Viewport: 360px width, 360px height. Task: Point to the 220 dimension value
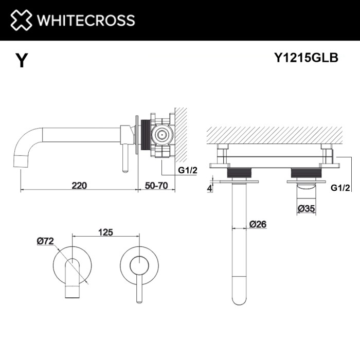click(79, 185)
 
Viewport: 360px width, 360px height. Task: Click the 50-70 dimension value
click(156, 185)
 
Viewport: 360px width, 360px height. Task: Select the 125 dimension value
click(105, 232)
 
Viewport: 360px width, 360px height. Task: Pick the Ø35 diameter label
click(307, 208)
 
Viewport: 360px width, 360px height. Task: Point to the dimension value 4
click(210, 188)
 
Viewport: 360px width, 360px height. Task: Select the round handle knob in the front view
click(138, 265)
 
